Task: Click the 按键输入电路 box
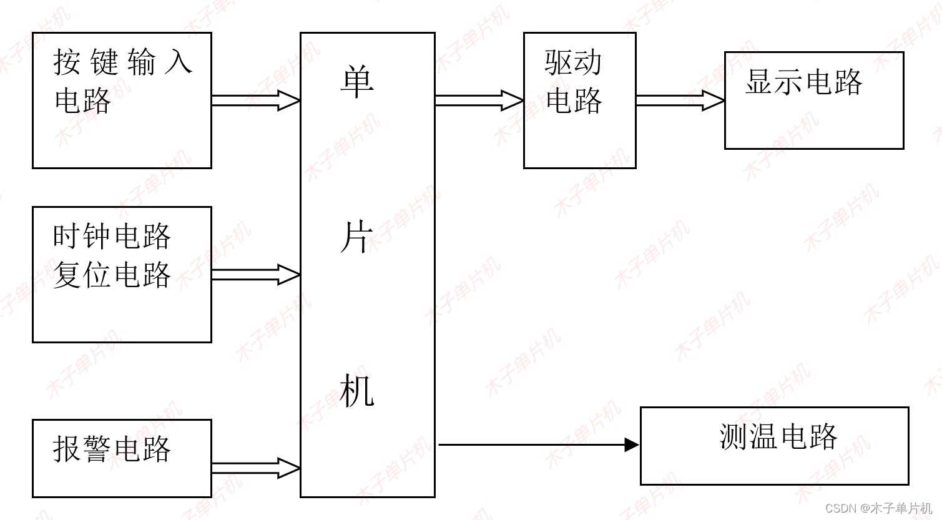(x=122, y=101)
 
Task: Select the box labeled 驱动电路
(x=579, y=101)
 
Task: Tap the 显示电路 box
(x=813, y=101)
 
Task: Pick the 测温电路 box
(x=774, y=446)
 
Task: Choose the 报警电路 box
(x=122, y=458)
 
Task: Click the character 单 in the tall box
(x=357, y=82)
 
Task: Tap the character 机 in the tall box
(x=357, y=391)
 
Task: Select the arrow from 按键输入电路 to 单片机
(x=256, y=100)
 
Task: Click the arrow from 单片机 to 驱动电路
(x=479, y=100)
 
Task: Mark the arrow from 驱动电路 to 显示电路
(x=680, y=100)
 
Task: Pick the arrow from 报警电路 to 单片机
(x=256, y=468)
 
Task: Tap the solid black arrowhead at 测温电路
(x=632, y=445)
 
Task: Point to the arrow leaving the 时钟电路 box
(x=256, y=275)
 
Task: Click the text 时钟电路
(x=112, y=237)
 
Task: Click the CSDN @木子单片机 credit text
(x=878, y=508)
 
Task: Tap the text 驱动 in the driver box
(x=573, y=62)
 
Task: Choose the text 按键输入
(x=122, y=62)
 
